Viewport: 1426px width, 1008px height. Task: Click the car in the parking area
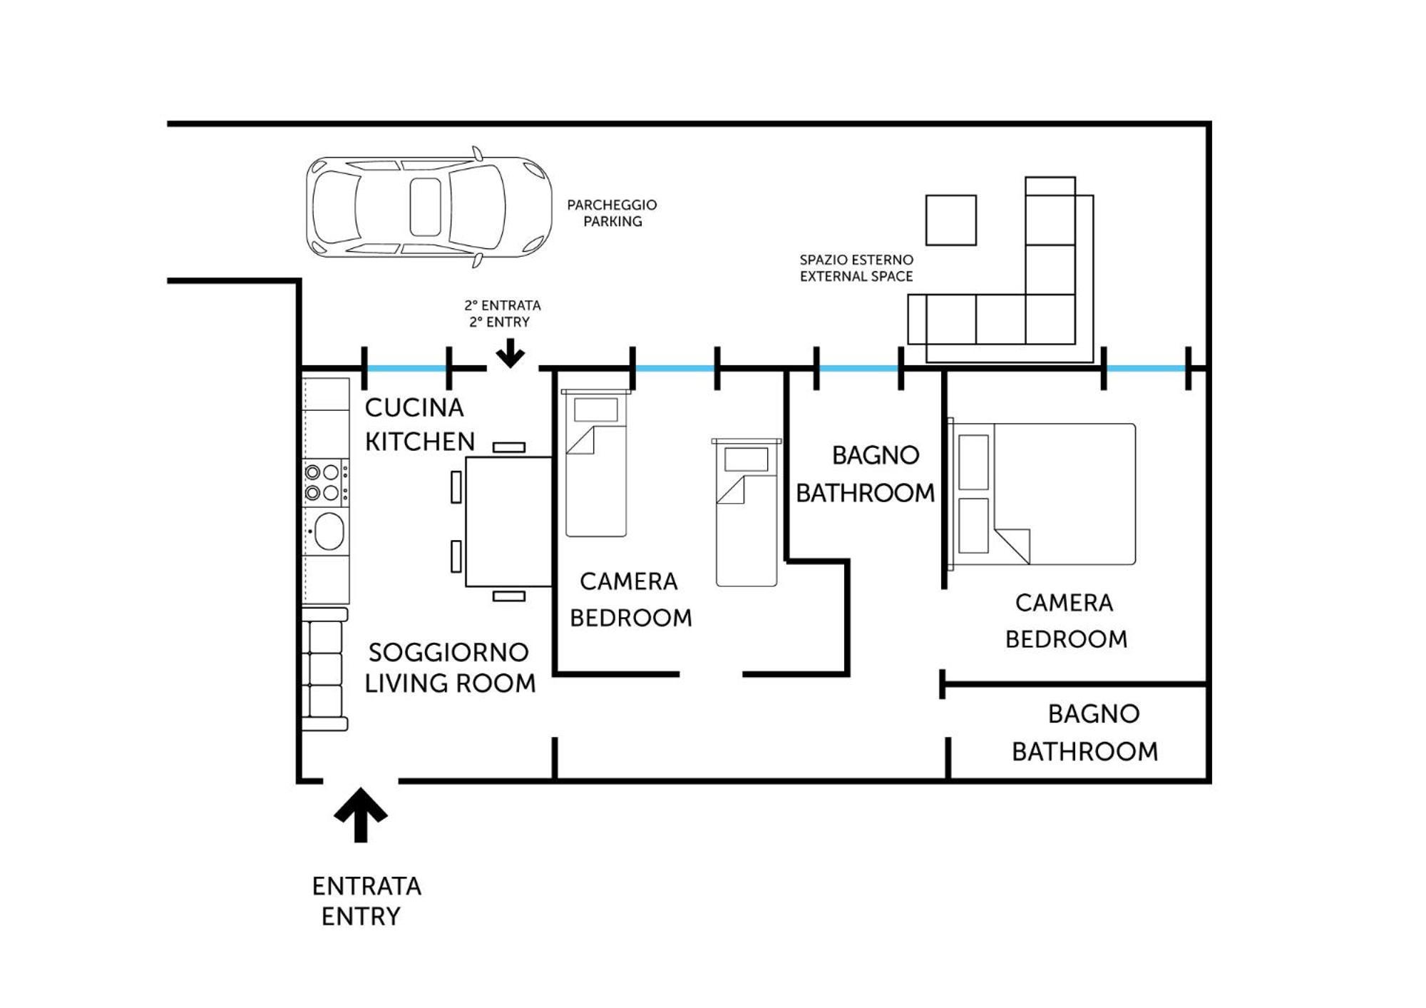pos(429,207)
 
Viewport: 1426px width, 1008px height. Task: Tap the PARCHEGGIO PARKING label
pos(612,213)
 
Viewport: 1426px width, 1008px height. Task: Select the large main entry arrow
pos(361,815)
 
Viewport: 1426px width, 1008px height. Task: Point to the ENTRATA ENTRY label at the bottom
pos(366,901)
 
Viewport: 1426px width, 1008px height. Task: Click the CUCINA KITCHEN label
pos(419,424)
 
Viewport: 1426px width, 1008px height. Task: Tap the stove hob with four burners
pos(326,483)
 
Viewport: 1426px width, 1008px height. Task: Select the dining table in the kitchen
pos(509,521)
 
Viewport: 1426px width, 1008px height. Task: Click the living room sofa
pos(325,669)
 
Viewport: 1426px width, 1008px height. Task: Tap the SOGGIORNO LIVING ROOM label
pos(450,668)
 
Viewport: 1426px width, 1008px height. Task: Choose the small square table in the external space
pos(951,220)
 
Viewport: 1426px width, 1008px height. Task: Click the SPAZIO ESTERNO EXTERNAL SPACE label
pos(856,268)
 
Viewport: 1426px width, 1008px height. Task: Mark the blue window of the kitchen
pos(406,369)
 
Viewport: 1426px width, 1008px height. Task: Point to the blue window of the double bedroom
pos(1146,369)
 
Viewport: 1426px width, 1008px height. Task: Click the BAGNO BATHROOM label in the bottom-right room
pos(1085,733)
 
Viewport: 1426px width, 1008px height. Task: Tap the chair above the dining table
pos(509,447)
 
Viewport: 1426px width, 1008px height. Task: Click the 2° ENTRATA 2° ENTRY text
pos(503,314)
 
